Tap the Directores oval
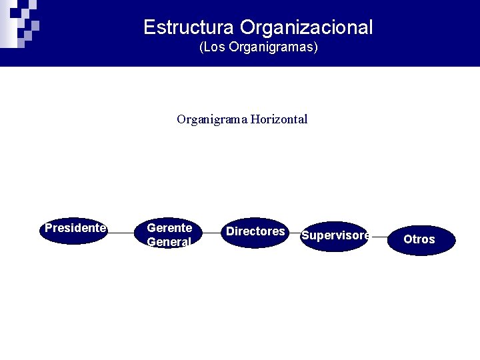255,232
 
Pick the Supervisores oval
334,236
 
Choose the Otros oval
419,239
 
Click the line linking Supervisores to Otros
379,236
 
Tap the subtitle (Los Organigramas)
259,48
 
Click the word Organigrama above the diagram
212,119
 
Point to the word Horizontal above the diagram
279,119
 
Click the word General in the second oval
169,242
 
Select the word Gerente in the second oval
169,228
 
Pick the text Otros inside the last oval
419,239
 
